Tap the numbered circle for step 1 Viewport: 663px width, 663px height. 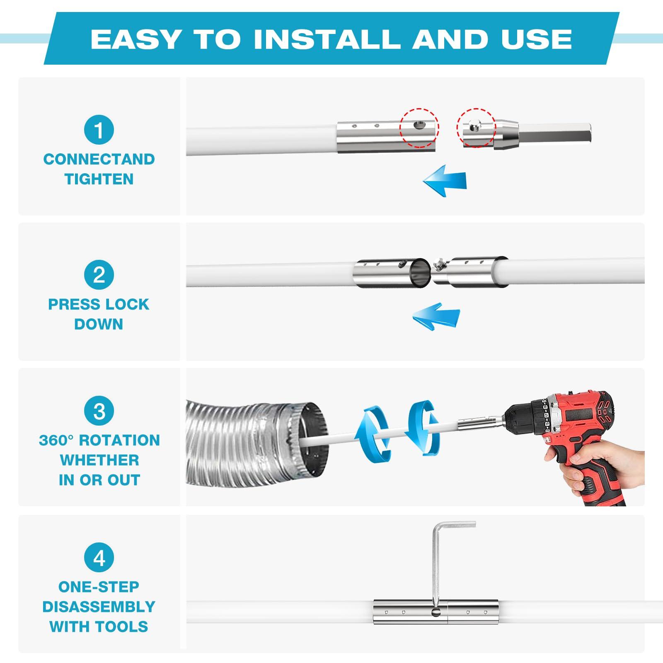click(x=99, y=130)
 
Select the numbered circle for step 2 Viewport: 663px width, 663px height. click(x=99, y=275)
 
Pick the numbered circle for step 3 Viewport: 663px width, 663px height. click(x=99, y=411)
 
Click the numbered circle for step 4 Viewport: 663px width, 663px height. click(x=99, y=558)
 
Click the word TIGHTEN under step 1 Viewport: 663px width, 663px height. click(x=99, y=179)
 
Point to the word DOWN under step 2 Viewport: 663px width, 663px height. click(x=99, y=324)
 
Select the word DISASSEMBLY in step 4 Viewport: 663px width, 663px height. click(x=99, y=607)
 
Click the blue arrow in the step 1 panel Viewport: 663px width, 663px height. click(x=445, y=181)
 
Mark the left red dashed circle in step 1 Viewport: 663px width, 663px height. click(x=419, y=128)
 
